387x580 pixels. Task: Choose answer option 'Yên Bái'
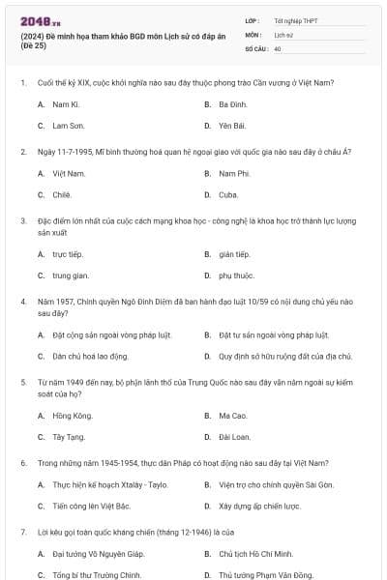point(229,126)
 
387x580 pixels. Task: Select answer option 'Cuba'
point(228,194)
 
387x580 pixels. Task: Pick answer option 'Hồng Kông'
point(71,416)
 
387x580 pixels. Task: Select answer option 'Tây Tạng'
point(69,437)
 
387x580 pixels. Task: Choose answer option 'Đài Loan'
point(233,437)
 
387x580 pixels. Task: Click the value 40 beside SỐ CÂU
point(278,47)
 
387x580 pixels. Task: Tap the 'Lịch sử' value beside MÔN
point(282,34)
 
